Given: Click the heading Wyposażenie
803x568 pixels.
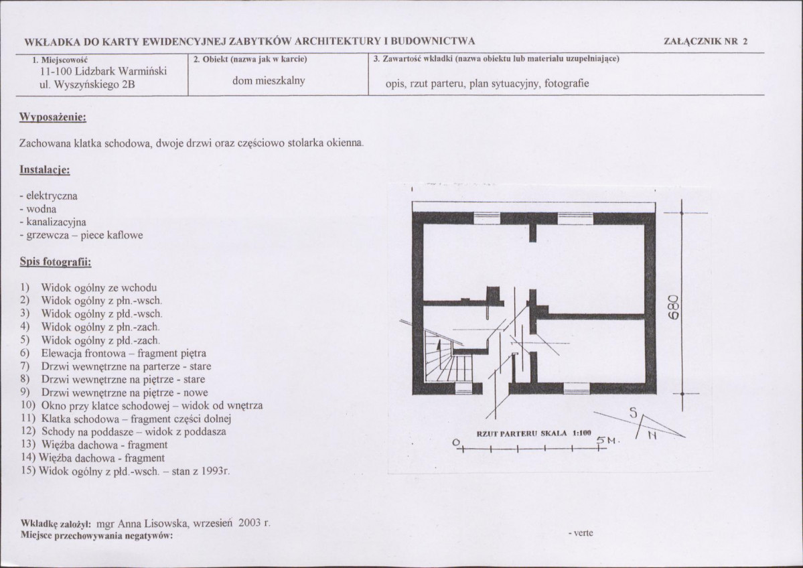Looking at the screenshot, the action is coord(53,117).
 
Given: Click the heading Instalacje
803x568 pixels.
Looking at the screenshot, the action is coord(45,169).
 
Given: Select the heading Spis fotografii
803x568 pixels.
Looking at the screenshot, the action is coord(56,263).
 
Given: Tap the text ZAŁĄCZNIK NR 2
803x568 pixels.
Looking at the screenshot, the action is coord(706,42).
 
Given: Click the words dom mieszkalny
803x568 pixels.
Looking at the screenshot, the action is coord(269,80).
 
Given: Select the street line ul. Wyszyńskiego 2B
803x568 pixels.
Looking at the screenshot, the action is coord(87,84).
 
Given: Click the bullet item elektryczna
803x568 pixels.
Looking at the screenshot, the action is coord(49,196).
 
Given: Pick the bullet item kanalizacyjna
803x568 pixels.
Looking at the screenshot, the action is coord(53,222).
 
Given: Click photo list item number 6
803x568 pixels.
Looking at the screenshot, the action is coord(113,354).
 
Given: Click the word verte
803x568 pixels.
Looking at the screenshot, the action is coord(583,533).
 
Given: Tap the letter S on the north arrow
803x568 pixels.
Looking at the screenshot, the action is coord(634,413).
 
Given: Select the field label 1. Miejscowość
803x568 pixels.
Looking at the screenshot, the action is coord(60,59).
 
